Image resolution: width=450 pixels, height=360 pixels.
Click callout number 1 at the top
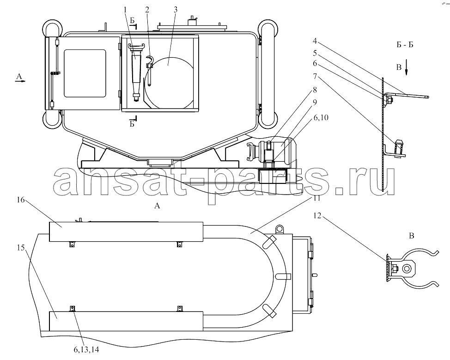click(125, 10)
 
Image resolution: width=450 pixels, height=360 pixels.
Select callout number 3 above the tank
click(176, 10)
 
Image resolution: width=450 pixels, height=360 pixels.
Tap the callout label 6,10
click(321, 117)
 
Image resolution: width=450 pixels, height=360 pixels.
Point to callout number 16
click(21, 200)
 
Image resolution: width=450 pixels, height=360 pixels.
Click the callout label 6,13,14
click(86, 349)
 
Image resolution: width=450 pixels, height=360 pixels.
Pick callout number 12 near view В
click(317, 215)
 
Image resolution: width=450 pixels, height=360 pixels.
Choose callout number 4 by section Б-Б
click(315, 41)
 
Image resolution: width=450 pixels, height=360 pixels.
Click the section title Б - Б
click(405, 45)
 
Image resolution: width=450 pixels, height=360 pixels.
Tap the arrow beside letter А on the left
click(21, 81)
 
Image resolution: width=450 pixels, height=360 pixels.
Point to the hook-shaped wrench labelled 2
click(150, 70)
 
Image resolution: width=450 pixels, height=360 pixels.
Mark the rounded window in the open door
click(85, 73)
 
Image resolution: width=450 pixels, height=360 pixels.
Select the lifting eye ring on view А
click(279, 229)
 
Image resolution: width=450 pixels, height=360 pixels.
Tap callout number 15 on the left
click(21, 247)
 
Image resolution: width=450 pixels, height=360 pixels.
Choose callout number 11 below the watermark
click(316, 198)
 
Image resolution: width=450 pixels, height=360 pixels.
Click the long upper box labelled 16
click(126, 232)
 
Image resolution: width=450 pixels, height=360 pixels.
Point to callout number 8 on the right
click(315, 90)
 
